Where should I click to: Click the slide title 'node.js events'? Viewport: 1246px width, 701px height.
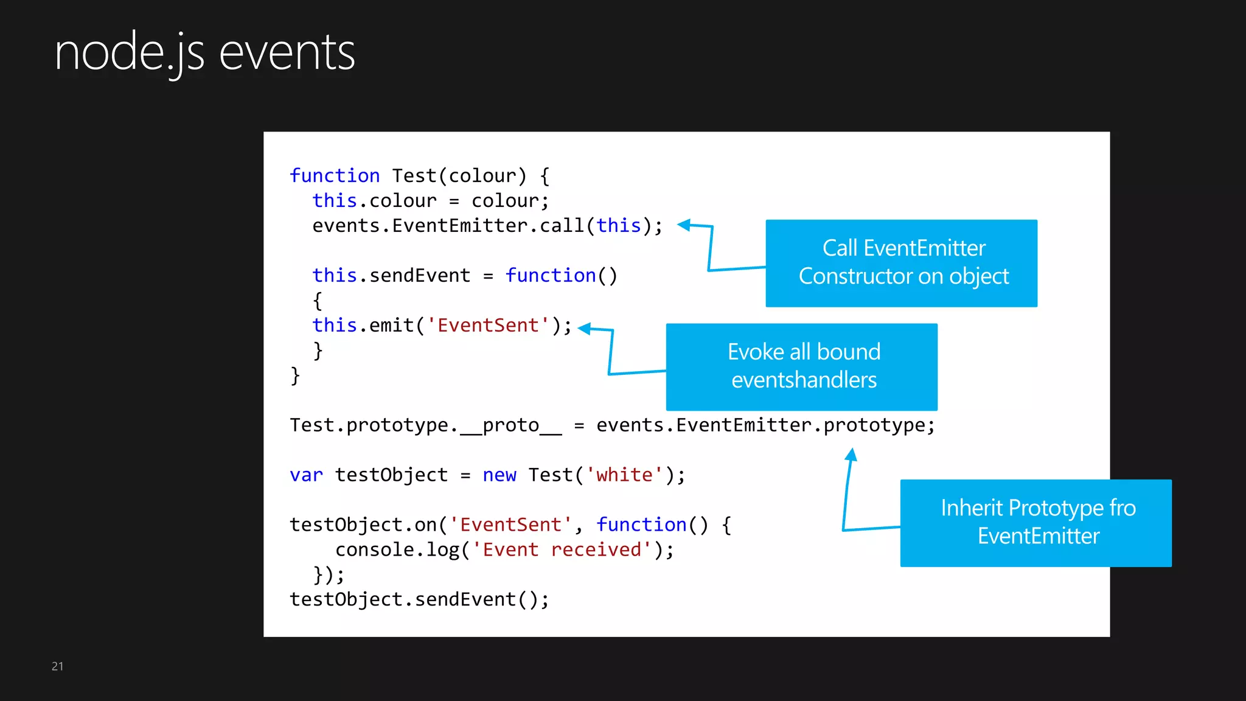(x=204, y=54)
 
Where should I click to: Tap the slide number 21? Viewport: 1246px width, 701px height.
(x=57, y=666)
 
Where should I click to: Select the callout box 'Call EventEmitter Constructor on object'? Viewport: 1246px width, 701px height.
(x=901, y=263)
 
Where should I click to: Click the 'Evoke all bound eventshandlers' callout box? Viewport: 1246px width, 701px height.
(x=801, y=366)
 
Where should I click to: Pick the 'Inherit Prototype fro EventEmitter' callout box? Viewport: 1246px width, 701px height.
(x=1035, y=523)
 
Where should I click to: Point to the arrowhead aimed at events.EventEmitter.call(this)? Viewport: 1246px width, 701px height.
(x=684, y=225)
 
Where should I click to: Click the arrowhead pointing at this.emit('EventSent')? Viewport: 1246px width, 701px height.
(x=585, y=329)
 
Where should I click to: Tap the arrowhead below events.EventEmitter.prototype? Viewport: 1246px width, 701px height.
(x=852, y=455)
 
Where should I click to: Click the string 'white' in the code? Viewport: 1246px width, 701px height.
(x=624, y=475)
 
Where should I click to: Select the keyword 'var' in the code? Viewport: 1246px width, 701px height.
(x=306, y=475)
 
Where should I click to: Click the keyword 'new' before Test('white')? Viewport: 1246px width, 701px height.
(x=499, y=475)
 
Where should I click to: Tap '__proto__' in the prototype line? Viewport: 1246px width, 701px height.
(x=510, y=425)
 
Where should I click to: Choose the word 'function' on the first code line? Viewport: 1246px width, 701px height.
(x=335, y=176)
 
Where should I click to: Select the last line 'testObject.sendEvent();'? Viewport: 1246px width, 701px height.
(x=419, y=599)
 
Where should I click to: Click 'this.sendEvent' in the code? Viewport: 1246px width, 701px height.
(x=391, y=276)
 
